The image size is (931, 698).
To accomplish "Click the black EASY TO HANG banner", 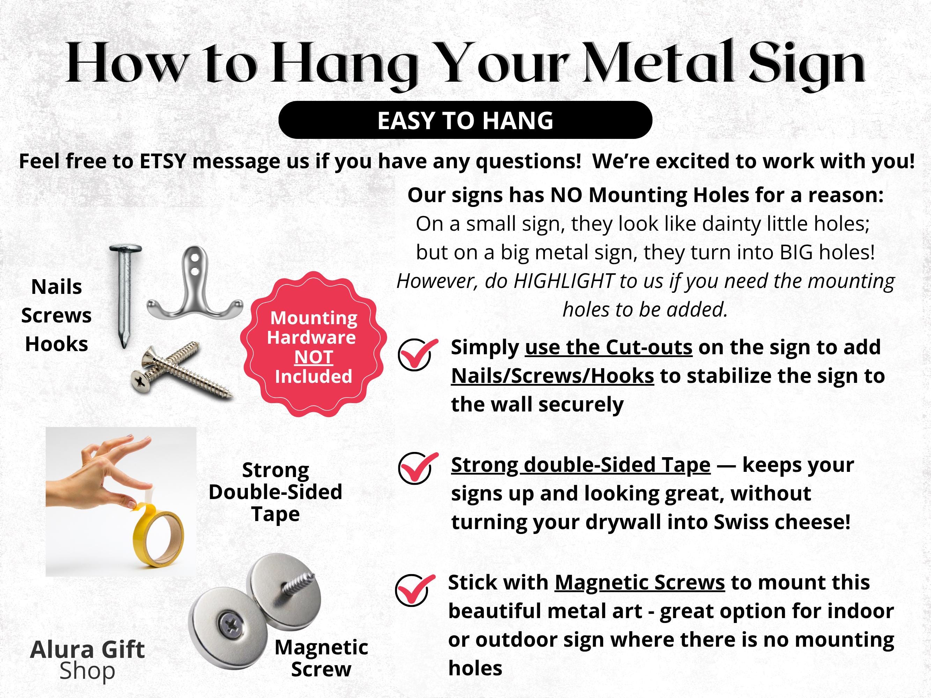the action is point(465,120).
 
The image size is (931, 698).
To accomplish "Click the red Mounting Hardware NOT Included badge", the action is point(313,344).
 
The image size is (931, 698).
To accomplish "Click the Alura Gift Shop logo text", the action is point(88,660).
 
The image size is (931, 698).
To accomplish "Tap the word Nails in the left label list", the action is point(57,287).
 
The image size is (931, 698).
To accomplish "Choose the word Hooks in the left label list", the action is point(57,344).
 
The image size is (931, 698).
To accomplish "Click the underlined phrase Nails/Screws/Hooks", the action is point(552,376).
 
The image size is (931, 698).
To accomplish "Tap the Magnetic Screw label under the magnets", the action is point(321,658).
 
